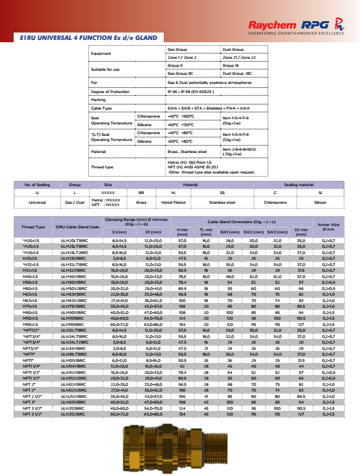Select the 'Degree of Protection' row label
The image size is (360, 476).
coord(110,91)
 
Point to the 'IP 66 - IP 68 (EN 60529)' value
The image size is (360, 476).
coord(190,91)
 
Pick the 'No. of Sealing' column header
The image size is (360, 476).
coord(38,185)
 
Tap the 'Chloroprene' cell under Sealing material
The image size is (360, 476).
coord(274,202)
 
